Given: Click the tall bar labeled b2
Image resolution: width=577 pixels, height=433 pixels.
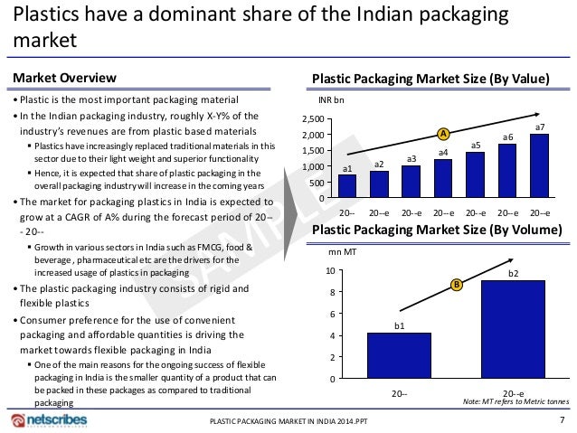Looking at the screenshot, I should (513, 329).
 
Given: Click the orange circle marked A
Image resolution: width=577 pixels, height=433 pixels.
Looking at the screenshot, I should (443, 134).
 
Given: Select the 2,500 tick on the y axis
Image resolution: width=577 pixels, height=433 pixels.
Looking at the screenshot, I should (313, 119).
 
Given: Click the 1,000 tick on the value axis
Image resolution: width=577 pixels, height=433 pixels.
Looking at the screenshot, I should (313, 167).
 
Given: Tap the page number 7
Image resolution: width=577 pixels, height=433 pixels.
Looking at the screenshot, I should (563, 419).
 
